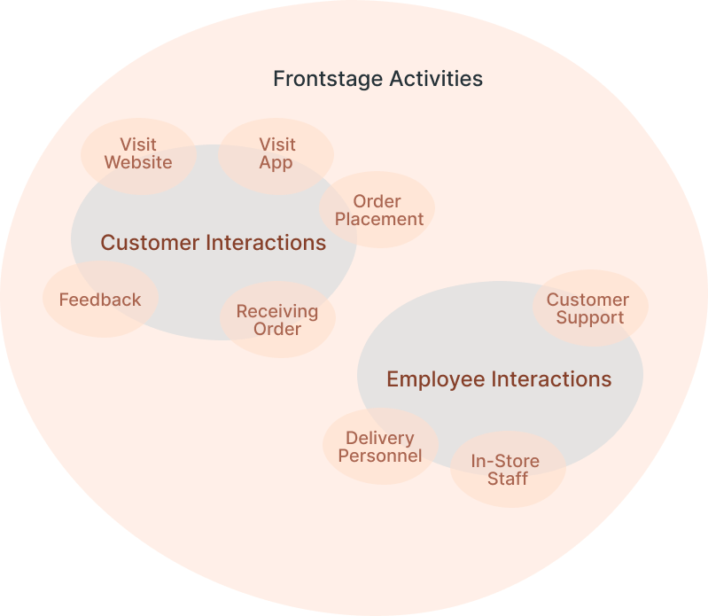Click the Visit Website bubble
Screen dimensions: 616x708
pyautogui.click(x=138, y=154)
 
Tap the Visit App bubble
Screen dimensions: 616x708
pyautogui.click(x=276, y=154)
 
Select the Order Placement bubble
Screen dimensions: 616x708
pyautogui.click(x=377, y=210)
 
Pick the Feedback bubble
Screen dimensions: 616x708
pyautogui.click(x=100, y=300)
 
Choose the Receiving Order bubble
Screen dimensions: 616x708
pyautogui.click(x=277, y=320)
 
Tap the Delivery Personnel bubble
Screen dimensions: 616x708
pyautogui.click(x=380, y=447)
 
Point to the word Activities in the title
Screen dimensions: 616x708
pyautogui.click(x=436, y=79)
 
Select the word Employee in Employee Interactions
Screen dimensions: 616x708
pyautogui.click(x=435, y=379)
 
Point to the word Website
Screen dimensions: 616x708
pyautogui.click(x=138, y=163)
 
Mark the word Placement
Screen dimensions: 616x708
pyautogui.click(x=379, y=219)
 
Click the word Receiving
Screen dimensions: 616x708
pyautogui.click(x=277, y=311)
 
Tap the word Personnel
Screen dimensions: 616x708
pyautogui.click(x=380, y=456)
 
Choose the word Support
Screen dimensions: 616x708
pyautogui.click(x=590, y=318)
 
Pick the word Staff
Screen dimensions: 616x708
pyautogui.click(x=508, y=480)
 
